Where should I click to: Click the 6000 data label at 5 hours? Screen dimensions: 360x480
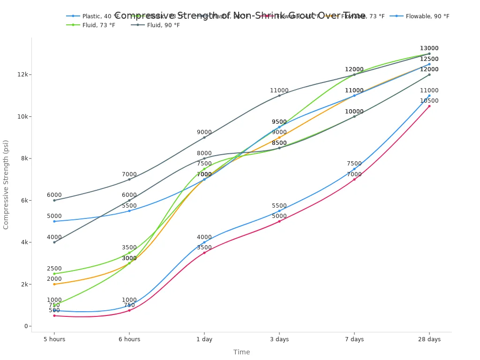pos(54,195)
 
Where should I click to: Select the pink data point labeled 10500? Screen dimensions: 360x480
pos(429,106)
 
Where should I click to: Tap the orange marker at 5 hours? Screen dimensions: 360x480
pos(54,284)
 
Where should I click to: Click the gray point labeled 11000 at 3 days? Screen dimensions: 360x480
pos(279,96)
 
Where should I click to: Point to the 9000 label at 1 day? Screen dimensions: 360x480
pos(204,132)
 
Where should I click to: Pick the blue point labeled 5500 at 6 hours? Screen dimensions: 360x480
pos(129,211)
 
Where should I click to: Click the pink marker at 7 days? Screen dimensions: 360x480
pos(354,179)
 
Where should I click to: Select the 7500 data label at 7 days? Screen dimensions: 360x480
pos(354,164)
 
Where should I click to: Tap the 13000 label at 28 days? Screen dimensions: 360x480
pos(429,48)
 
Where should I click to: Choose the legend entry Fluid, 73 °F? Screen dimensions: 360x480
pos(98,25)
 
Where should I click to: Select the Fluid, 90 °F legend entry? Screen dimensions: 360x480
pos(163,25)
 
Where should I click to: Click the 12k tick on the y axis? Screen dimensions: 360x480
pos(23,75)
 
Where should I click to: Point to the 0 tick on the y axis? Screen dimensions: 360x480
pos(27,326)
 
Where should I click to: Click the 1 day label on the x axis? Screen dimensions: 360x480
pos(204,339)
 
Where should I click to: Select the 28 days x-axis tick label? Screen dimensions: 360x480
pos(429,339)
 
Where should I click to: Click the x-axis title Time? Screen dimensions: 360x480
pos(241,352)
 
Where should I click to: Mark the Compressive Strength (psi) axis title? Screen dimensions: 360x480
pos(6,185)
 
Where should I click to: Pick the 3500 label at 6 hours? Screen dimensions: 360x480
pos(129,247)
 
